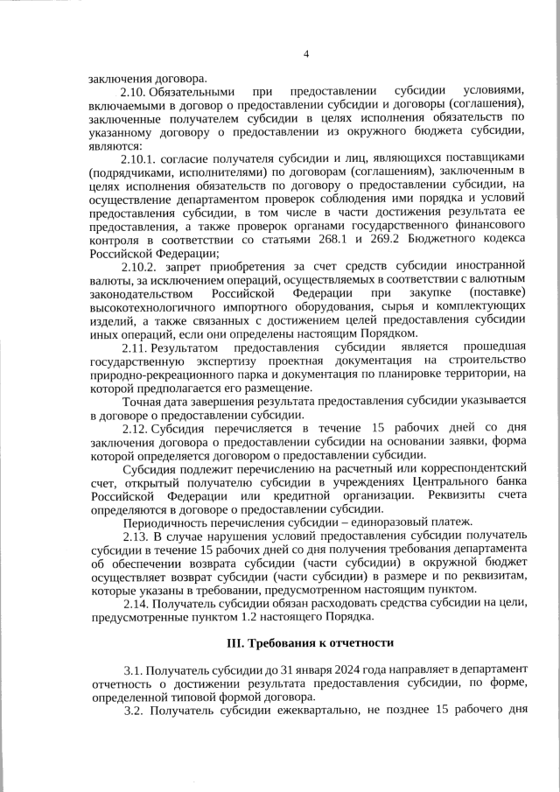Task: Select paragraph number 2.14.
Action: click(136, 604)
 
